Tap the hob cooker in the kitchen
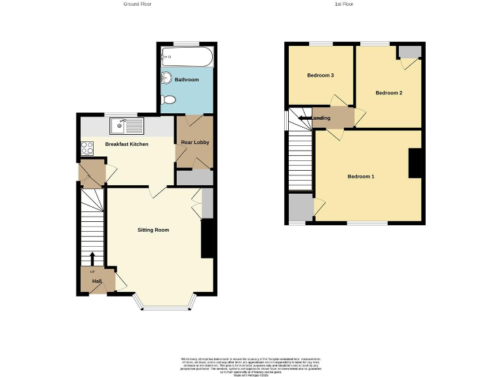86,148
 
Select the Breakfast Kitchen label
126,144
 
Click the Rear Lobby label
195,142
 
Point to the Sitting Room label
153,230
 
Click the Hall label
96,281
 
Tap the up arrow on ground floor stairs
92,258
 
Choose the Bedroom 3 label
320,75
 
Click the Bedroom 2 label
388,93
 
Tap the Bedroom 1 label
361,177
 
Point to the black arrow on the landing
305,118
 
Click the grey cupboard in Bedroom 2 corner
410,52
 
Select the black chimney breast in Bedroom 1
415,163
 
